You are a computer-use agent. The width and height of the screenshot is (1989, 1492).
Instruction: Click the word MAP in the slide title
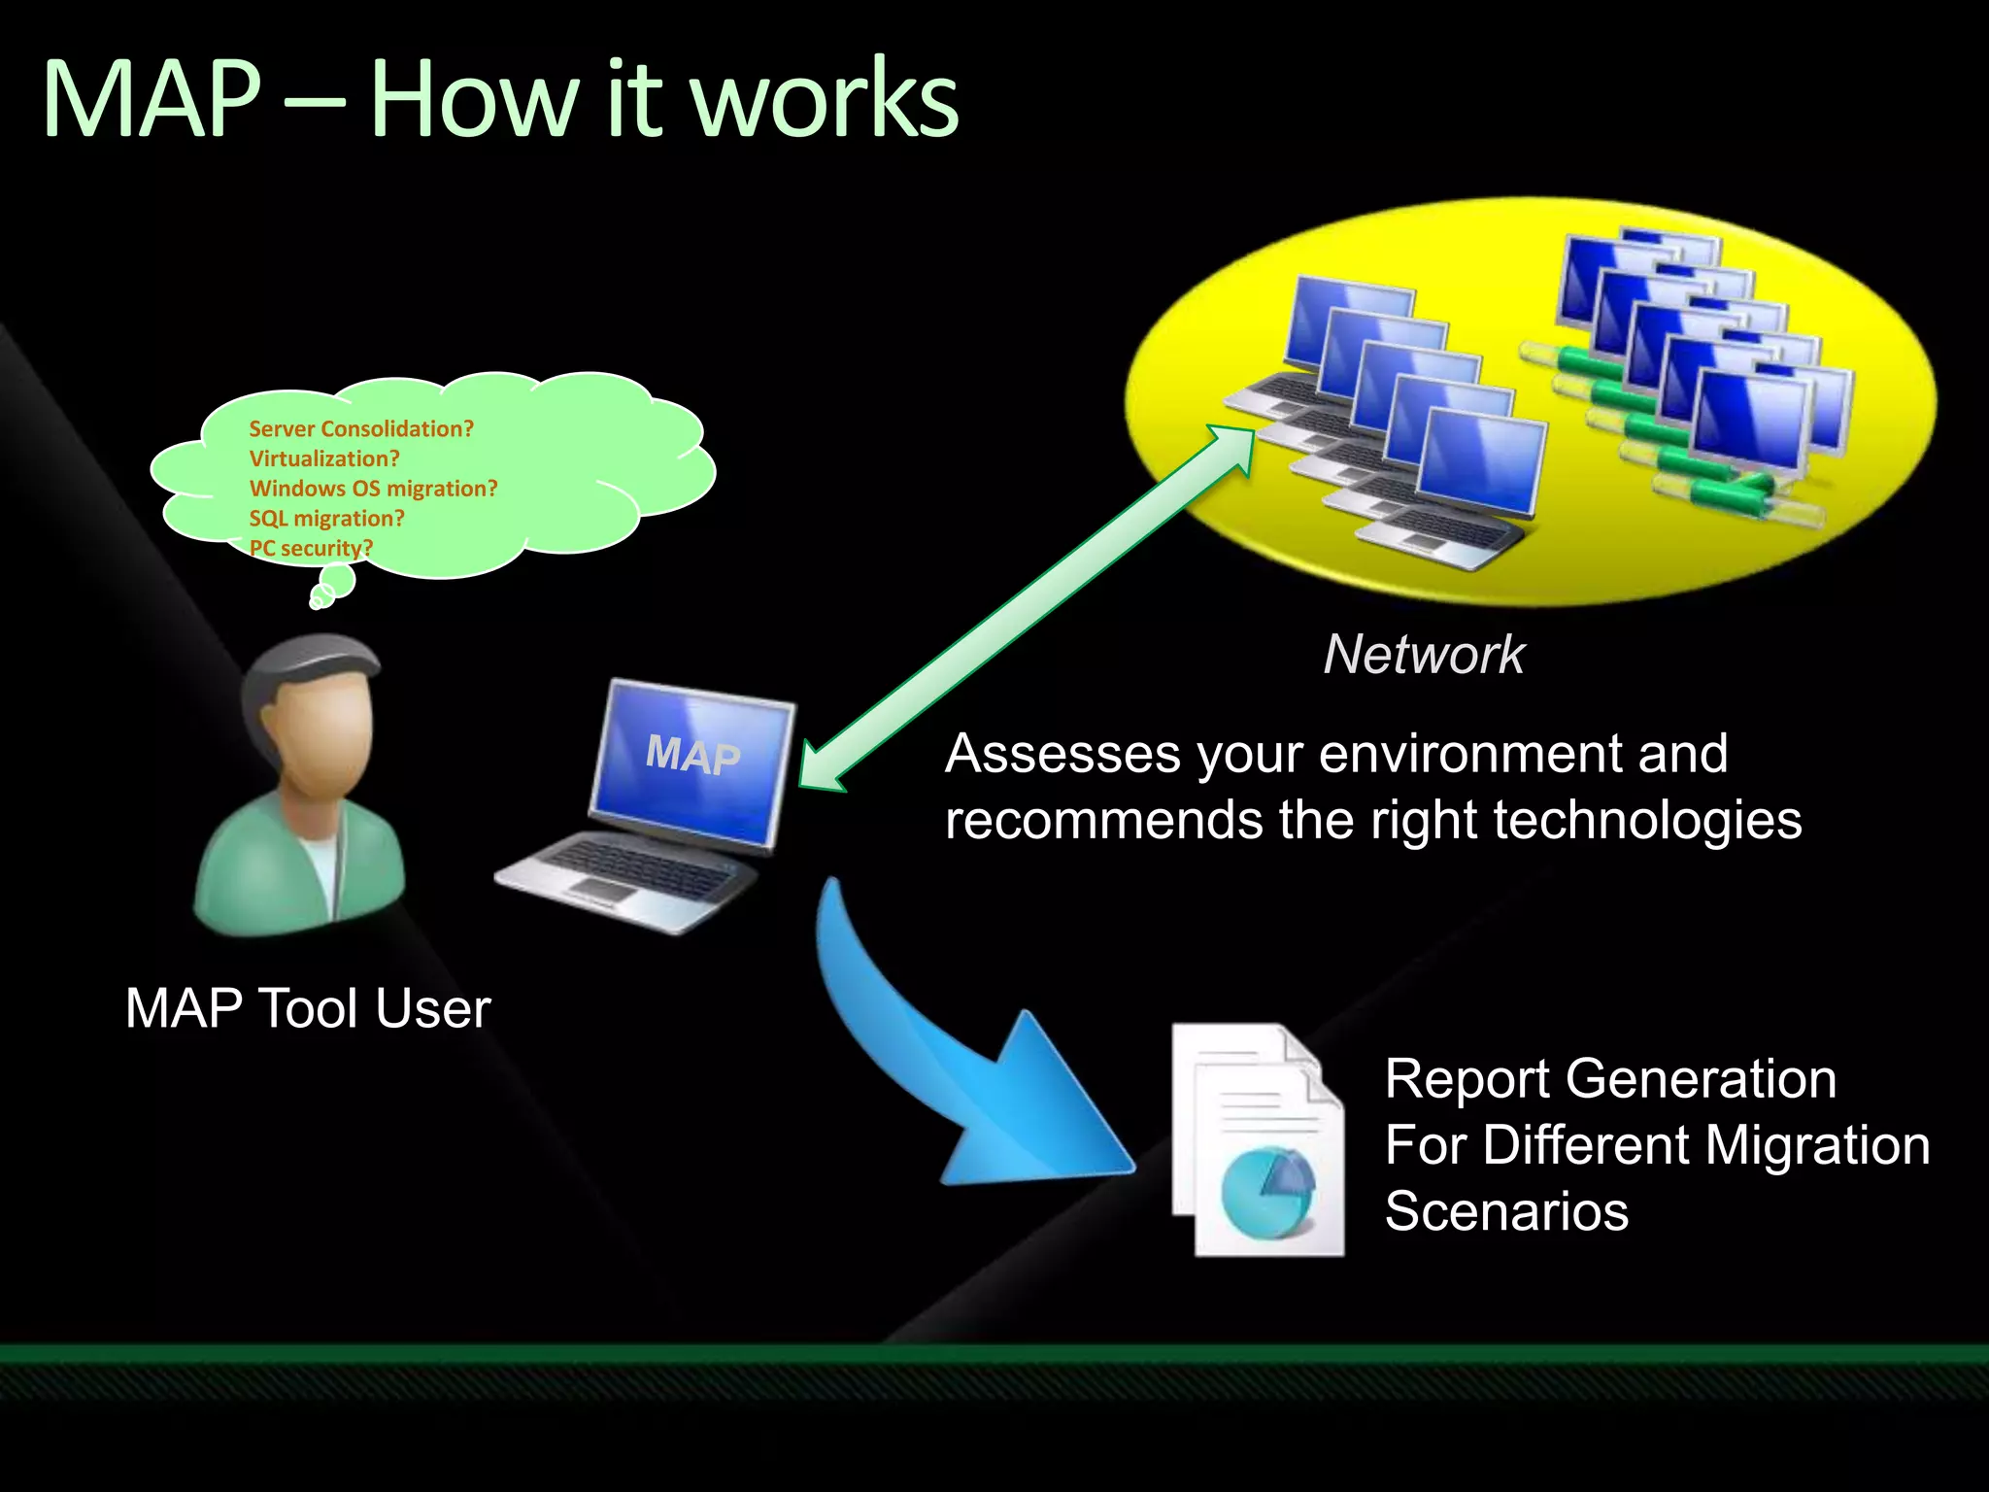(152, 99)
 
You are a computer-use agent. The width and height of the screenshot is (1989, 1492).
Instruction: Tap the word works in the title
(826, 99)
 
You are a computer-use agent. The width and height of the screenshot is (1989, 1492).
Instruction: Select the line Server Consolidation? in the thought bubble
(361, 428)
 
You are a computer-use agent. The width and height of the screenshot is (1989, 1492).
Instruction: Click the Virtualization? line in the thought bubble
(324, 458)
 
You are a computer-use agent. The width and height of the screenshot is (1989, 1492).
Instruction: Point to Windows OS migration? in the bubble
(373, 489)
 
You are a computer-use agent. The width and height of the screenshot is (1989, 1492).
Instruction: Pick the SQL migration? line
(326, 519)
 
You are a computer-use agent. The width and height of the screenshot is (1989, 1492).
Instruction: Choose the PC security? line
(311, 548)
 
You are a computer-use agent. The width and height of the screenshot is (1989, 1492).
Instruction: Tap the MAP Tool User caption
(308, 1008)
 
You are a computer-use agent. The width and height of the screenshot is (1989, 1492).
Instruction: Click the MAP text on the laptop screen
(693, 755)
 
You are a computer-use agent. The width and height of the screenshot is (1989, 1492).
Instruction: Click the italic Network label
(1424, 655)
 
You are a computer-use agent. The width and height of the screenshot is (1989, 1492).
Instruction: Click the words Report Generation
(1610, 1079)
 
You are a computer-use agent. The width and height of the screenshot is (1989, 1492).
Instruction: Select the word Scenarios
(1506, 1211)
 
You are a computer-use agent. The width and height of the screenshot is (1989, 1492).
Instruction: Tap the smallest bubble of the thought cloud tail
(315, 603)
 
